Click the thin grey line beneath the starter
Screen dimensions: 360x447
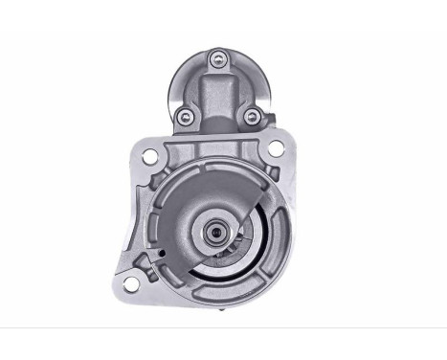(223, 327)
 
